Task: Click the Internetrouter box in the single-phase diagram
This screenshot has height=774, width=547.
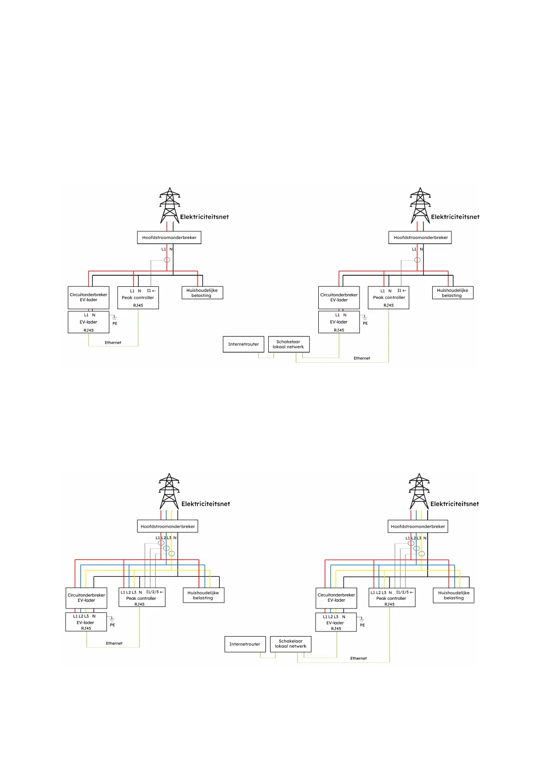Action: click(x=243, y=344)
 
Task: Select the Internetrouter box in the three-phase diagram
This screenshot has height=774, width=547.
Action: click(x=245, y=644)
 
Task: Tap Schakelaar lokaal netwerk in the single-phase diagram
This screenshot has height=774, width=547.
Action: click(x=288, y=344)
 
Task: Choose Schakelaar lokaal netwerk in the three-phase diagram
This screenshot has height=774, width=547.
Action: click(x=291, y=643)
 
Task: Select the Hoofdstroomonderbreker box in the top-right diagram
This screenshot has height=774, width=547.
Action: click(x=420, y=238)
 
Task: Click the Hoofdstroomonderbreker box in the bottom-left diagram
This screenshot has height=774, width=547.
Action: click(x=168, y=526)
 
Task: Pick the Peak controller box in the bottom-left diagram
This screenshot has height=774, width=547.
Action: click(x=141, y=598)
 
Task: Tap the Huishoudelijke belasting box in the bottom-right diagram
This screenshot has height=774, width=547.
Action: click(x=454, y=595)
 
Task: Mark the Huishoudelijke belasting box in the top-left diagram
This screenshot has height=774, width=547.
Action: click(x=202, y=293)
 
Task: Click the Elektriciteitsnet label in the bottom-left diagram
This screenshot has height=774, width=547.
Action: click(x=206, y=504)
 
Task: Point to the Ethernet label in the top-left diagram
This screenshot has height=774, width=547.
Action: click(x=113, y=342)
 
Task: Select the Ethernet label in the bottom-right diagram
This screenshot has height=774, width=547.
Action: click(x=359, y=658)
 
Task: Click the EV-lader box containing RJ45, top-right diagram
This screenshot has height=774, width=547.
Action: click(x=339, y=322)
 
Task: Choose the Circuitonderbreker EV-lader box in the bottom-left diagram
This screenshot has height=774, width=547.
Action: click(x=86, y=598)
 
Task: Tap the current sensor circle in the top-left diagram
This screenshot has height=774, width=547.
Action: click(x=167, y=260)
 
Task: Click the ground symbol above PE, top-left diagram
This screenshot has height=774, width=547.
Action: click(x=114, y=317)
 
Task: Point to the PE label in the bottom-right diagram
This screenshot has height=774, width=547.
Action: click(x=362, y=625)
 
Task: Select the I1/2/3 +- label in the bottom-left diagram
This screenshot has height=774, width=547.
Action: click(x=155, y=592)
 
